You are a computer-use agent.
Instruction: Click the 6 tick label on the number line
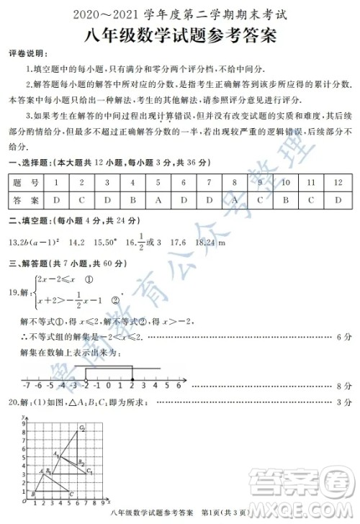(x=178, y=386)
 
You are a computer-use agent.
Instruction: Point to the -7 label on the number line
(x=25, y=386)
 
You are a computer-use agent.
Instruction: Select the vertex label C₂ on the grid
(x=82, y=429)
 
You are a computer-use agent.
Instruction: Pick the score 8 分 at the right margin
(x=343, y=387)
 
